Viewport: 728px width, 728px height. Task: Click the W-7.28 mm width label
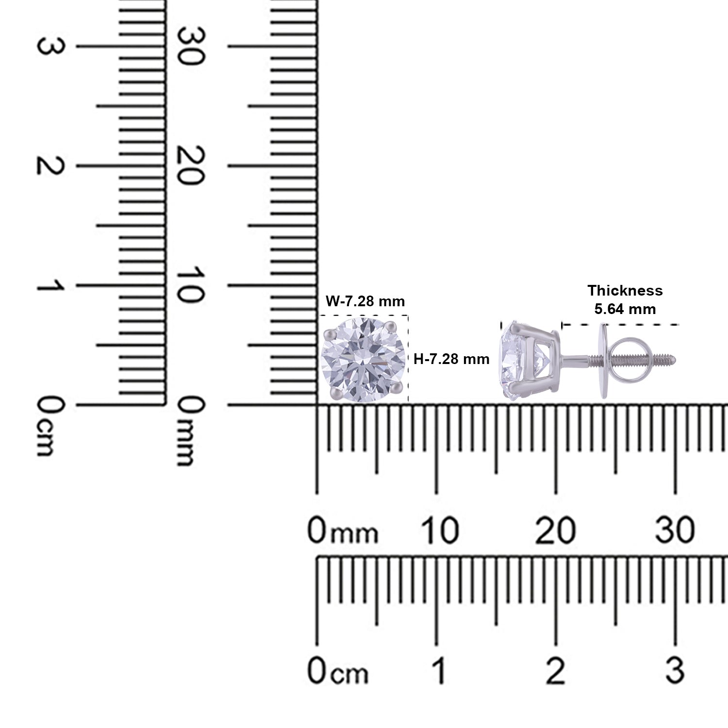tap(365, 301)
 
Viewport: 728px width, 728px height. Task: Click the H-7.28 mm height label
tap(451, 359)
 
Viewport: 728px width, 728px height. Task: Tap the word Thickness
tap(625, 291)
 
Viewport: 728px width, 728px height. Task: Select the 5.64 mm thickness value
tap(625, 309)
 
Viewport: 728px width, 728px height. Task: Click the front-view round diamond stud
tap(364, 359)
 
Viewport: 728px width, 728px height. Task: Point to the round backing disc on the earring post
tap(604, 360)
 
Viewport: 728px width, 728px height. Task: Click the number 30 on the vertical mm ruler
tap(190, 46)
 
